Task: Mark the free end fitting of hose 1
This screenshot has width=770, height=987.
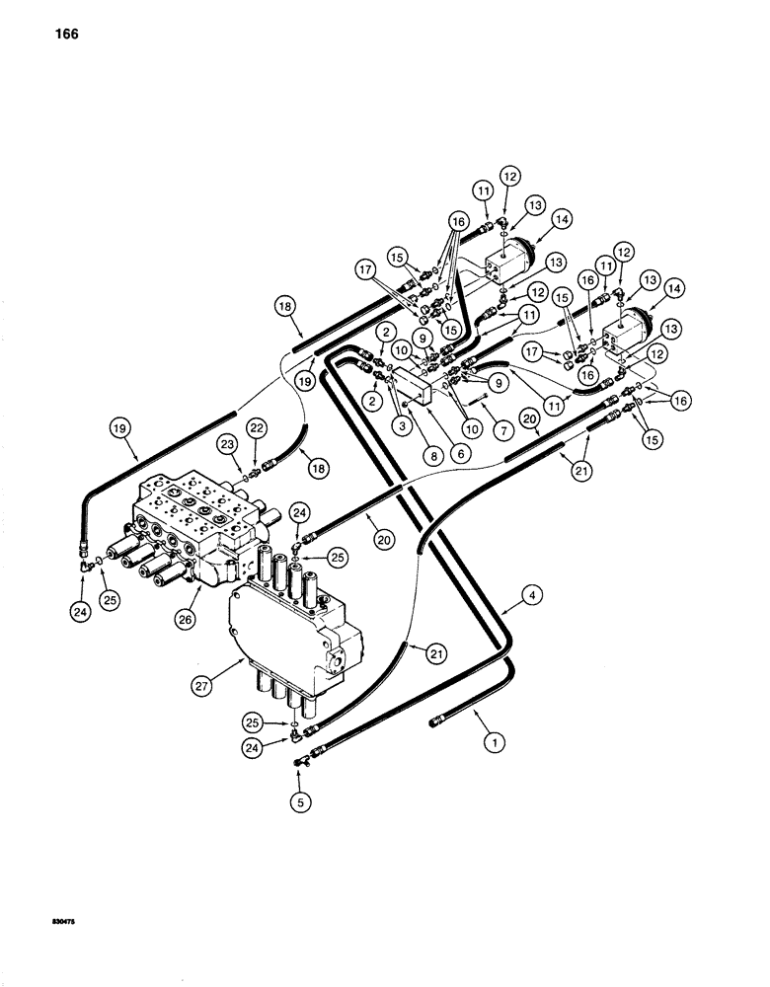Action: [x=437, y=725]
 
